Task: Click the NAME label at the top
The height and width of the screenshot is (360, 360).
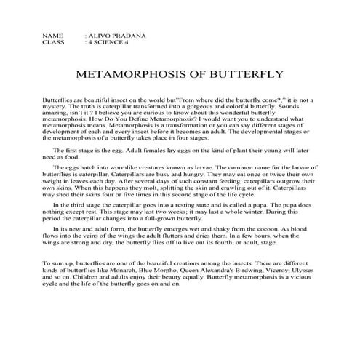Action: click(x=52, y=35)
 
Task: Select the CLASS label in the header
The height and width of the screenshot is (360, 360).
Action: click(x=54, y=42)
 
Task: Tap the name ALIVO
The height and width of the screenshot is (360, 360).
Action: click(x=100, y=35)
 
